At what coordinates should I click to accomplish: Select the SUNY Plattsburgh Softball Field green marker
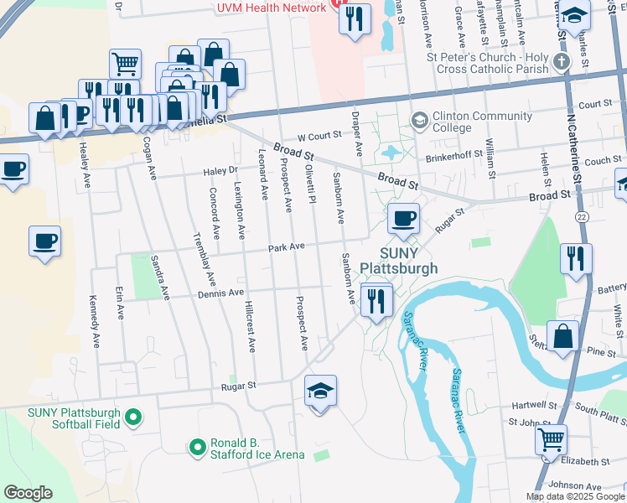(132, 417)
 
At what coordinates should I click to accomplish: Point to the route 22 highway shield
(581, 216)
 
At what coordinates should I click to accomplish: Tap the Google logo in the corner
(28, 493)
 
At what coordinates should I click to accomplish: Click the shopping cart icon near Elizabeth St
(551, 438)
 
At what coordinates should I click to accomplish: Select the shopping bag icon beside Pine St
(563, 335)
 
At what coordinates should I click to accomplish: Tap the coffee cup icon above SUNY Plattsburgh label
(403, 219)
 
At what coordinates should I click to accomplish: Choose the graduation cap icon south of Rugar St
(320, 392)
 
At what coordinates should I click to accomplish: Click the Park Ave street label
(286, 247)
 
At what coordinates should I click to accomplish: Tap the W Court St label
(319, 134)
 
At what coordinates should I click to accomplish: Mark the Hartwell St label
(535, 404)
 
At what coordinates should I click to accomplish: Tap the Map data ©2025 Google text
(574, 496)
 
